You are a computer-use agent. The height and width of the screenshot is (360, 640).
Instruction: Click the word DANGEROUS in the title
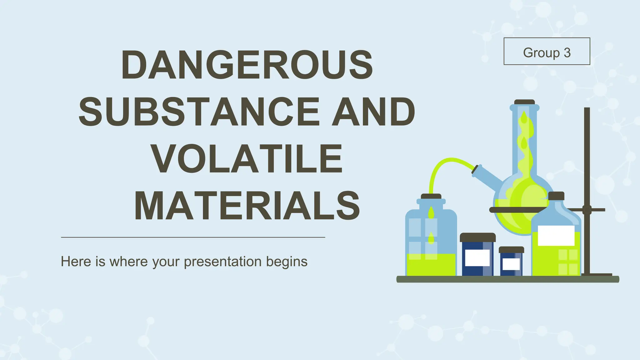247,65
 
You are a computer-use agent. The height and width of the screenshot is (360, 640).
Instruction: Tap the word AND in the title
373,112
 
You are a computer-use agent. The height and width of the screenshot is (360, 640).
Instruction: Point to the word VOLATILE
247,159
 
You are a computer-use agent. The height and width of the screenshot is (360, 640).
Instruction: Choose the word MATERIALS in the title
247,206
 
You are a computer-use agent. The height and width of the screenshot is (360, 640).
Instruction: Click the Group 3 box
547,51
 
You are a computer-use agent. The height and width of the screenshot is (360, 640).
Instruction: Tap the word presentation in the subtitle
222,262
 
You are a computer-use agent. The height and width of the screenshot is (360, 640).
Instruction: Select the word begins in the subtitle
287,262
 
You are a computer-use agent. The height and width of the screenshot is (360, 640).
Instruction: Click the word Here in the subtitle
76,262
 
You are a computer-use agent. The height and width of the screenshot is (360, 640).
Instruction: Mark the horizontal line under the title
193,237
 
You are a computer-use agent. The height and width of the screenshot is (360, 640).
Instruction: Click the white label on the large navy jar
477,258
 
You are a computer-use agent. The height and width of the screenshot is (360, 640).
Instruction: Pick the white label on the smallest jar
511,264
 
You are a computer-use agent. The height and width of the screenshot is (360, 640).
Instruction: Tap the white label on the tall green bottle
556,235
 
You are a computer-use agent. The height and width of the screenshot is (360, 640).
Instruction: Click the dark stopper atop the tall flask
524,102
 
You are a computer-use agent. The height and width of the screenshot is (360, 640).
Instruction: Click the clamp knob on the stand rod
587,210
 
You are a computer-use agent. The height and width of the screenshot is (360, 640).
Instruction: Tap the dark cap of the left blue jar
431,197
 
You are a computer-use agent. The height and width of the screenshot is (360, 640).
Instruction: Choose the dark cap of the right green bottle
556,196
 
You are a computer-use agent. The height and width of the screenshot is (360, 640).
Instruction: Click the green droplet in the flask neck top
524,118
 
